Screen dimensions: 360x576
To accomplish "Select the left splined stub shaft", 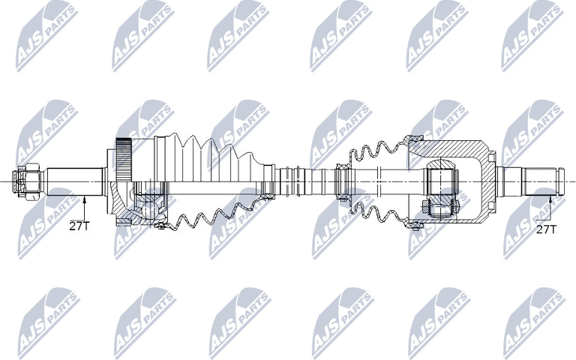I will (75, 181).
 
